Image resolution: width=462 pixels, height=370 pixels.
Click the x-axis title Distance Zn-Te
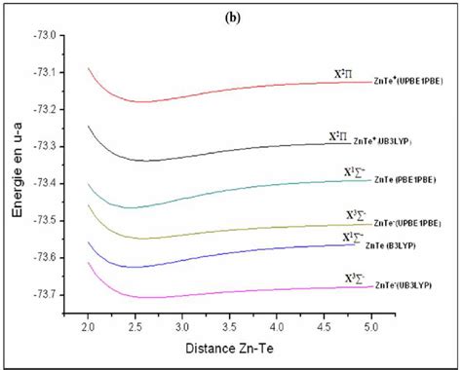230,347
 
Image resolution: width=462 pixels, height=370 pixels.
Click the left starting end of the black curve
89,126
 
